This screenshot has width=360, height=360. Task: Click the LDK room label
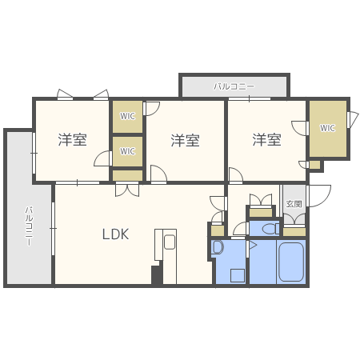click(x=115, y=234)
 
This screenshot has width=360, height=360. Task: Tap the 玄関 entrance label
click(x=294, y=204)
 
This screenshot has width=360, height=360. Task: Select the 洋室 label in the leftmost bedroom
click(x=72, y=140)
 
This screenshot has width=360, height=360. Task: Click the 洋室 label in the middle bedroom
click(x=185, y=141)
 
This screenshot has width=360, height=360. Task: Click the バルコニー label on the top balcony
click(x=234, y=86)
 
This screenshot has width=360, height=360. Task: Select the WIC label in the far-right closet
click(x=327, y=128)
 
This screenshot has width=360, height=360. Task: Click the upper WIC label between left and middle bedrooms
click(x=127, y=117)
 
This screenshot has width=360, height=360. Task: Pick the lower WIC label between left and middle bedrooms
click(x=127, y=150)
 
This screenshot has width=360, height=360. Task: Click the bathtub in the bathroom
click(x=291, y=261)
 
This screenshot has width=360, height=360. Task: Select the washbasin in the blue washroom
click(x=218, y=248)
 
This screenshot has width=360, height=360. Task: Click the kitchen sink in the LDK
click(x=169, y=241)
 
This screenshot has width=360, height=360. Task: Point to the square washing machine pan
click(x=237, y=275)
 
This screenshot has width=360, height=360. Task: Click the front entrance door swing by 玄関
click(x=318, y=194)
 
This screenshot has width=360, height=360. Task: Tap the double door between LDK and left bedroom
click(x=126, y=190)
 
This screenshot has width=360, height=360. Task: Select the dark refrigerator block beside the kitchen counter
click(x=157, y=274)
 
